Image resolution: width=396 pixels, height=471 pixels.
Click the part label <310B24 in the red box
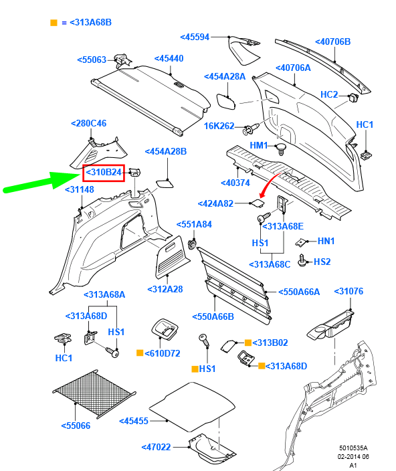pyautogui.click(x=104, y=173)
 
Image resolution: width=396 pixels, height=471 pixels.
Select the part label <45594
pyautogui.click(x=195, y=37)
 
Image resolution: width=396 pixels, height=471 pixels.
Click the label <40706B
pyautogui.click(x=333, y=41)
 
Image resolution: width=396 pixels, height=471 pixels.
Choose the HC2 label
pyautogui.click(x=329, y=94)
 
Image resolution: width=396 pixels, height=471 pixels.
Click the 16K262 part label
pyautogui.click(x=219, y=126)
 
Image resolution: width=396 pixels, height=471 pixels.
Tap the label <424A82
pyautogui.click(x=215, y=203)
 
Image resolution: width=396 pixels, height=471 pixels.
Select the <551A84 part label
pyautogui.click(x=194, y=224)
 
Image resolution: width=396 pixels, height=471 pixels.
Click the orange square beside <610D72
pyautogui.click(x=140, y=353)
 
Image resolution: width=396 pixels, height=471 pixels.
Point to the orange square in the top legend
pyautogui.click(x=54, y=23)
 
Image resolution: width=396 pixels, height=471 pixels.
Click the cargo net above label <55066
pyautogui.click(x=94, y=393)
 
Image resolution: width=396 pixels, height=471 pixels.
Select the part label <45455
pyautogui.click(x=134, y=421)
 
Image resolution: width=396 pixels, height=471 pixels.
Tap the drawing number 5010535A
pyautogui.click(x=353, y=448)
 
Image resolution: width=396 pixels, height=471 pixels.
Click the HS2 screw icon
pyautogui.click(x=302, y=261)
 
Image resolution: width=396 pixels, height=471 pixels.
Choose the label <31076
pyautogui.click(x=349, y=292)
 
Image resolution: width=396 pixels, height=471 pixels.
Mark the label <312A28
pyautogui.click(x=165, y=289)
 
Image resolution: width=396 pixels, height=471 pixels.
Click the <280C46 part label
pyautogui.click(x=88, y=124)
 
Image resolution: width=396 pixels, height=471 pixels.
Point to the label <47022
pyautogui.click(x=156, y=448)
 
